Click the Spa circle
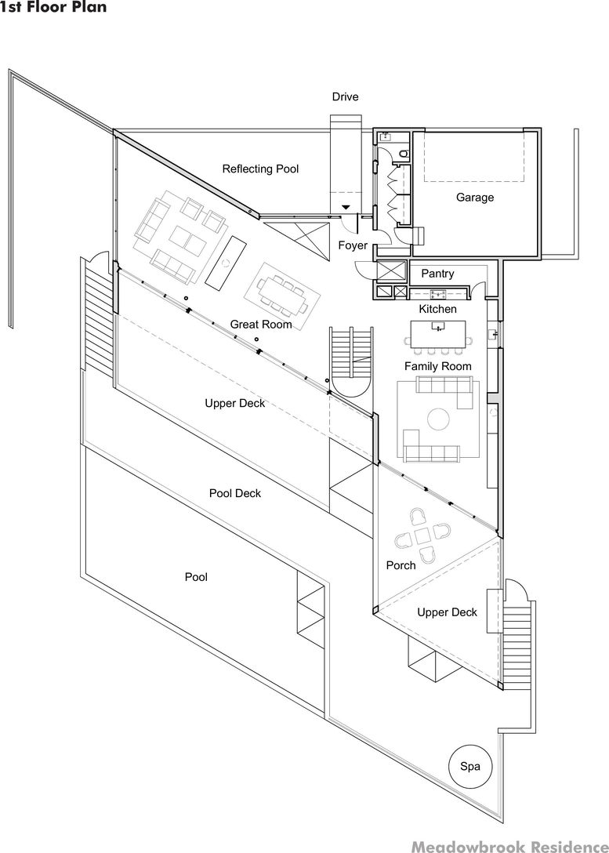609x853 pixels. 470,765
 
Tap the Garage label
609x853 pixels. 475,198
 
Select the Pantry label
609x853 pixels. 437,274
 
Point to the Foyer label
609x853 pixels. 353,245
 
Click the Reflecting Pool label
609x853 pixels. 260,169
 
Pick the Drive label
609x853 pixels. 345,97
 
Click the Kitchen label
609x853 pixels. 437,309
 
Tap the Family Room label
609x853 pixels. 438,366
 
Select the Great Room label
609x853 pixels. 261,324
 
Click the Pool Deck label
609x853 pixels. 235,493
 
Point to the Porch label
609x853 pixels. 401,565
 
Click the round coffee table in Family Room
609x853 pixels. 437,420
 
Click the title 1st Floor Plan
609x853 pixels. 53,8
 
